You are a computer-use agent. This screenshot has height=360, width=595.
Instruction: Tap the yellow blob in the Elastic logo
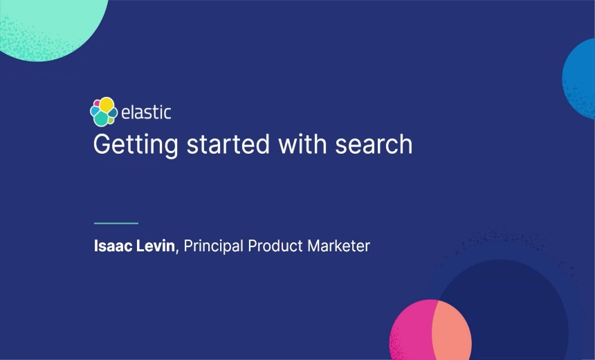click(x=107, y=105)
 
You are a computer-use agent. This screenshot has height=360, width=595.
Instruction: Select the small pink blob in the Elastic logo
click(x=97, y=104)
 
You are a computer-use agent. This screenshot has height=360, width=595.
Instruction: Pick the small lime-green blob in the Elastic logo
click(x=111, y=120)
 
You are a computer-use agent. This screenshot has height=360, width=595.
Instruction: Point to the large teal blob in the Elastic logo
click(x=101, y=119)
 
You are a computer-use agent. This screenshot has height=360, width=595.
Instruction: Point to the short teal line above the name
click(x=116, y=223)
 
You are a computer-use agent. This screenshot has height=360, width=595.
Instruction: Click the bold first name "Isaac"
click(x=113, y=246)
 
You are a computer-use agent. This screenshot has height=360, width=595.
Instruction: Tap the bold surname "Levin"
click(x=156, y=246)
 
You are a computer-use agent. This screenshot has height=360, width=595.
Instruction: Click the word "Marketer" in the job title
click(x=339, y=246)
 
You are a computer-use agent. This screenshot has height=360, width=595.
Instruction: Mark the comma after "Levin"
click(x=177, y=250)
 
